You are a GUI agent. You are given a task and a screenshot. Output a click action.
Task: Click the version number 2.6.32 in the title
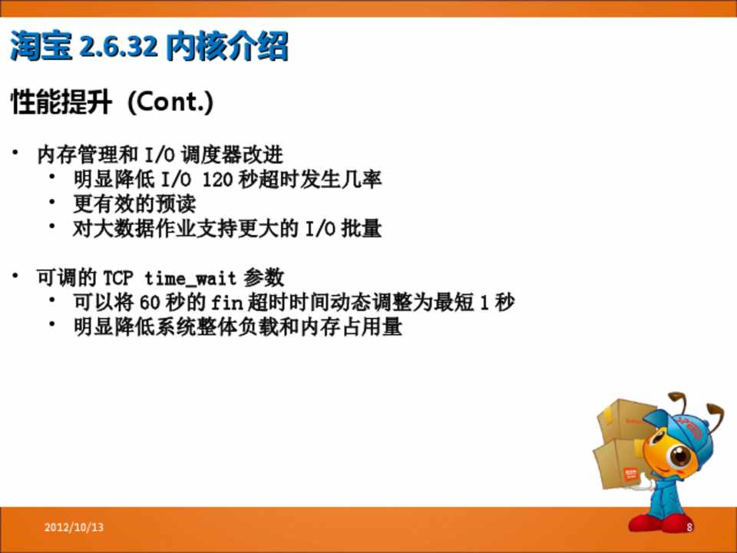pyautogui.click(x=118, y=47)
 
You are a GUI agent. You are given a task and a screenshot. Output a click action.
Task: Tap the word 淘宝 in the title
pyautogui.click(x=41, y=46)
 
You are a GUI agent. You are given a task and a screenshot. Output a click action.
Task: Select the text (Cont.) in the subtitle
pyautogui.click(x=170, y=101)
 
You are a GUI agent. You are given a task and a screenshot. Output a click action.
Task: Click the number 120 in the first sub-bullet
pyautogui.click(x=217, y=179)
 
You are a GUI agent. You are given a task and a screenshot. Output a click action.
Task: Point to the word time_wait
pyautogui.click(x=190, y=278)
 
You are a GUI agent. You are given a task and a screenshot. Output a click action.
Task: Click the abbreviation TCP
pyautogui.click(x=118, y=278)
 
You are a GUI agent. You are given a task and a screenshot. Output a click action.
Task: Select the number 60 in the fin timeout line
pyautogui.click(x=150, y=303)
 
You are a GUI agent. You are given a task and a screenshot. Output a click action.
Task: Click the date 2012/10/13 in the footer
pyautogui.click(x=74, y=527)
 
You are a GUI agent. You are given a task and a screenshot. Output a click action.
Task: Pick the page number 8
pyautogui.click(x=689, y=527)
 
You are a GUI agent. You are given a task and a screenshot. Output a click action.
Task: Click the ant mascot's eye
pyautogui.click(x=679, y=456)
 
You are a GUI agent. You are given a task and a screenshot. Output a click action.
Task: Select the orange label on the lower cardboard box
pyautogui.click(x=631, y=475)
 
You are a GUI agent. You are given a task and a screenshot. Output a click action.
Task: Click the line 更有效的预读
pyautogui.click(x=134, y=204)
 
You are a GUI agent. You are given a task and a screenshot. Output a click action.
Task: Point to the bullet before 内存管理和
pyautogui.click(x=15, y=152)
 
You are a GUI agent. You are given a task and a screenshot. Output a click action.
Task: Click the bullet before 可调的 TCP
pyautogui.click(x=15, y=275)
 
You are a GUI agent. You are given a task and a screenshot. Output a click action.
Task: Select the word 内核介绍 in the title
pyautogui.click(x=227, y=47)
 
